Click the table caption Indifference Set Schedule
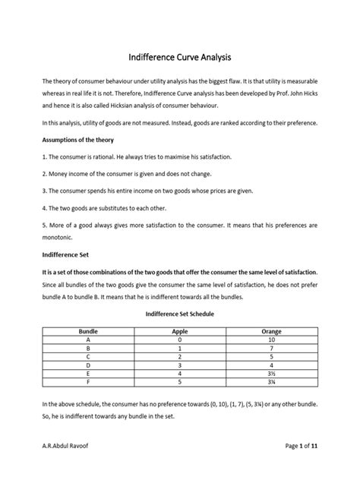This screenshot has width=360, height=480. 179,312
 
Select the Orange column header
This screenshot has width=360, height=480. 271,332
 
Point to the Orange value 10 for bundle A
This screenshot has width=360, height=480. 271,340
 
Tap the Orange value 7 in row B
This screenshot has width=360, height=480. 271,348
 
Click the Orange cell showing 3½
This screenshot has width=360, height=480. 271,372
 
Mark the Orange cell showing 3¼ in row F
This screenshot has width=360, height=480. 271,381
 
